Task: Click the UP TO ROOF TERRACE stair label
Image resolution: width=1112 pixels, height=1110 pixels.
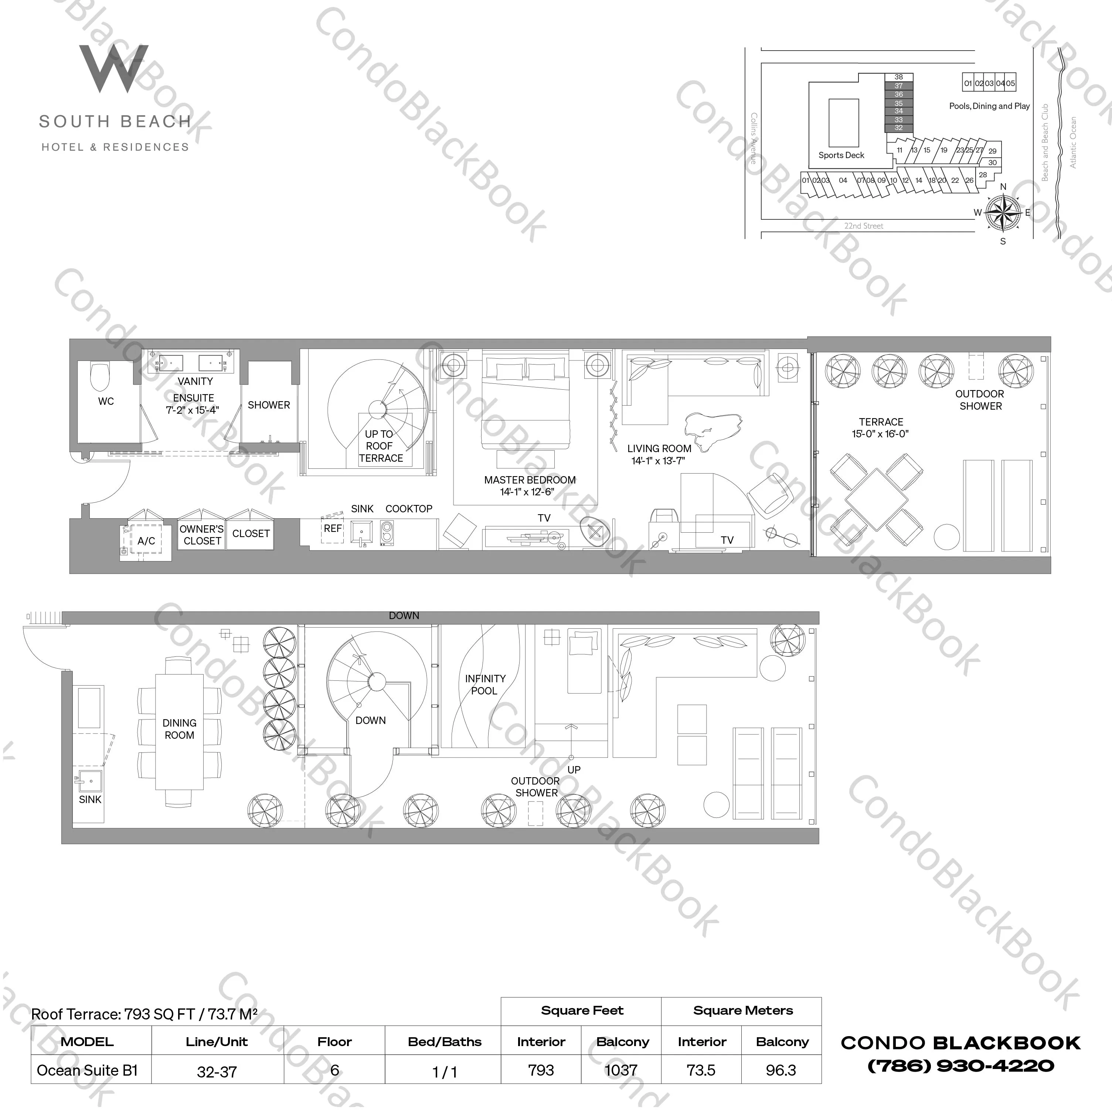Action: [x=380, y=446]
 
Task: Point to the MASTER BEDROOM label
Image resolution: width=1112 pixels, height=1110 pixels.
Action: [x=530, y=480]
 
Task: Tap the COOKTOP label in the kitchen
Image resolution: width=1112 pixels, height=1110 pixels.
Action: [x=409, y=509]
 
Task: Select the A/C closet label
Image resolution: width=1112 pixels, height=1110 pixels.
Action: [x=146, y=541]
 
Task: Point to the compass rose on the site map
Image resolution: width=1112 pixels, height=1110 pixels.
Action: [x=1003, y=212]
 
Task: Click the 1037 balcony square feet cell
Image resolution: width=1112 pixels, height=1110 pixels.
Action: [x=621, y=1070]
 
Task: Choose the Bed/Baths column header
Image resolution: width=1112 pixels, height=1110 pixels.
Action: [x=444, y=1042]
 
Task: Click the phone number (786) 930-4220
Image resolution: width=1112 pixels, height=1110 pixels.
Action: [x=960, y=1066]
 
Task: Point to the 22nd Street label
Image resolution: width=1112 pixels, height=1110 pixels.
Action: [x=863, y=226]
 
